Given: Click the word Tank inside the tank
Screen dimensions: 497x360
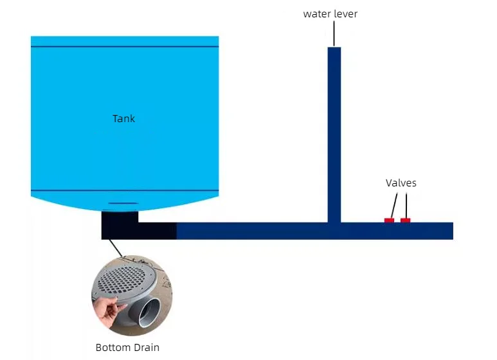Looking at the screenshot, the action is coord(123,118).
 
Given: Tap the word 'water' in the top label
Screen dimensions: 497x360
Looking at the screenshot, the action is coord(316,14).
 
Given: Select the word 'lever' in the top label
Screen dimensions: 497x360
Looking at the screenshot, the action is coord(345,14).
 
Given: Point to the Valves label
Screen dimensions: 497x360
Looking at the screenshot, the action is coord(401,183).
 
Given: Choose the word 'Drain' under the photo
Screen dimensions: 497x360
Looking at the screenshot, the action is coord(146,348).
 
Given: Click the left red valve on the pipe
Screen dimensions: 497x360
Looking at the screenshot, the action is coord(389,221).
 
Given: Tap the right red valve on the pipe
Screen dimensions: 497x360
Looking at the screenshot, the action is coord(405,221).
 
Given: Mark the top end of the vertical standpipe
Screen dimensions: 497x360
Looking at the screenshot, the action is coord(334,49).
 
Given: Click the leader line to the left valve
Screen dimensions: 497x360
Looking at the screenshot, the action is coord(393,205).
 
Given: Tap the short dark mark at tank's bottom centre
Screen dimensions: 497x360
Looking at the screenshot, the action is coord(123,203).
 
